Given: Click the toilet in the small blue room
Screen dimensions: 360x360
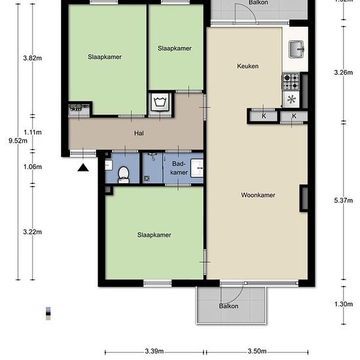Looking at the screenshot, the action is (x=124, y=175).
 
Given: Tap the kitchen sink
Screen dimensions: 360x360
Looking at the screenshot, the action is (x=297, y=49).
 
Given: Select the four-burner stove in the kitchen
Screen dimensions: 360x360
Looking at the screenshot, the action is (x=291, y=81).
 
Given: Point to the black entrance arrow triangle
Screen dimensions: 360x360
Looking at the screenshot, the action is (x=83, y=168).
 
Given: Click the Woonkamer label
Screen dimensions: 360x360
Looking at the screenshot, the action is (x=258, y=195).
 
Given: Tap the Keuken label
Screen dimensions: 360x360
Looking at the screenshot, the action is (x=247, y=66).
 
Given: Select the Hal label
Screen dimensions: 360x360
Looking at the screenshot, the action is (x=139, y=133).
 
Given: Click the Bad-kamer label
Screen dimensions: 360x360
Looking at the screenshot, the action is (x=179, y=168).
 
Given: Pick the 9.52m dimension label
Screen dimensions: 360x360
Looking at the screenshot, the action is (x=18, y=141).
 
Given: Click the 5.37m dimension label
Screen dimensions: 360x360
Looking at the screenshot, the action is (x=343, y=200).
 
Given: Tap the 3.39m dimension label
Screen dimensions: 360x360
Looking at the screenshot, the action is (x=154, y=351).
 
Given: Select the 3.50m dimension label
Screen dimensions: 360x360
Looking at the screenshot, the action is (x=257, y=351).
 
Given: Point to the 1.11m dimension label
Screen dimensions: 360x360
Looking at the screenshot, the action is (x=33, y=132).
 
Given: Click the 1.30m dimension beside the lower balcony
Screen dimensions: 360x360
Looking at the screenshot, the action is (x=344, y=304).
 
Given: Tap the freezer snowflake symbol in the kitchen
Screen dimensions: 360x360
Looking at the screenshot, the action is (x=291, y=99).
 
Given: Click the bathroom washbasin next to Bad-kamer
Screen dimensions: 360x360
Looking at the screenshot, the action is (x=197, y=168).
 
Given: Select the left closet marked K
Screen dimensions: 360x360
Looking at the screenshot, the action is (x=264, y=116).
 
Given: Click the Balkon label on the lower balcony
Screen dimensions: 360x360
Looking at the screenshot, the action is (x=228, y=306).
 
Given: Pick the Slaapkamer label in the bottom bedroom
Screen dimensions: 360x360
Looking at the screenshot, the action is (x=154, y=235).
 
